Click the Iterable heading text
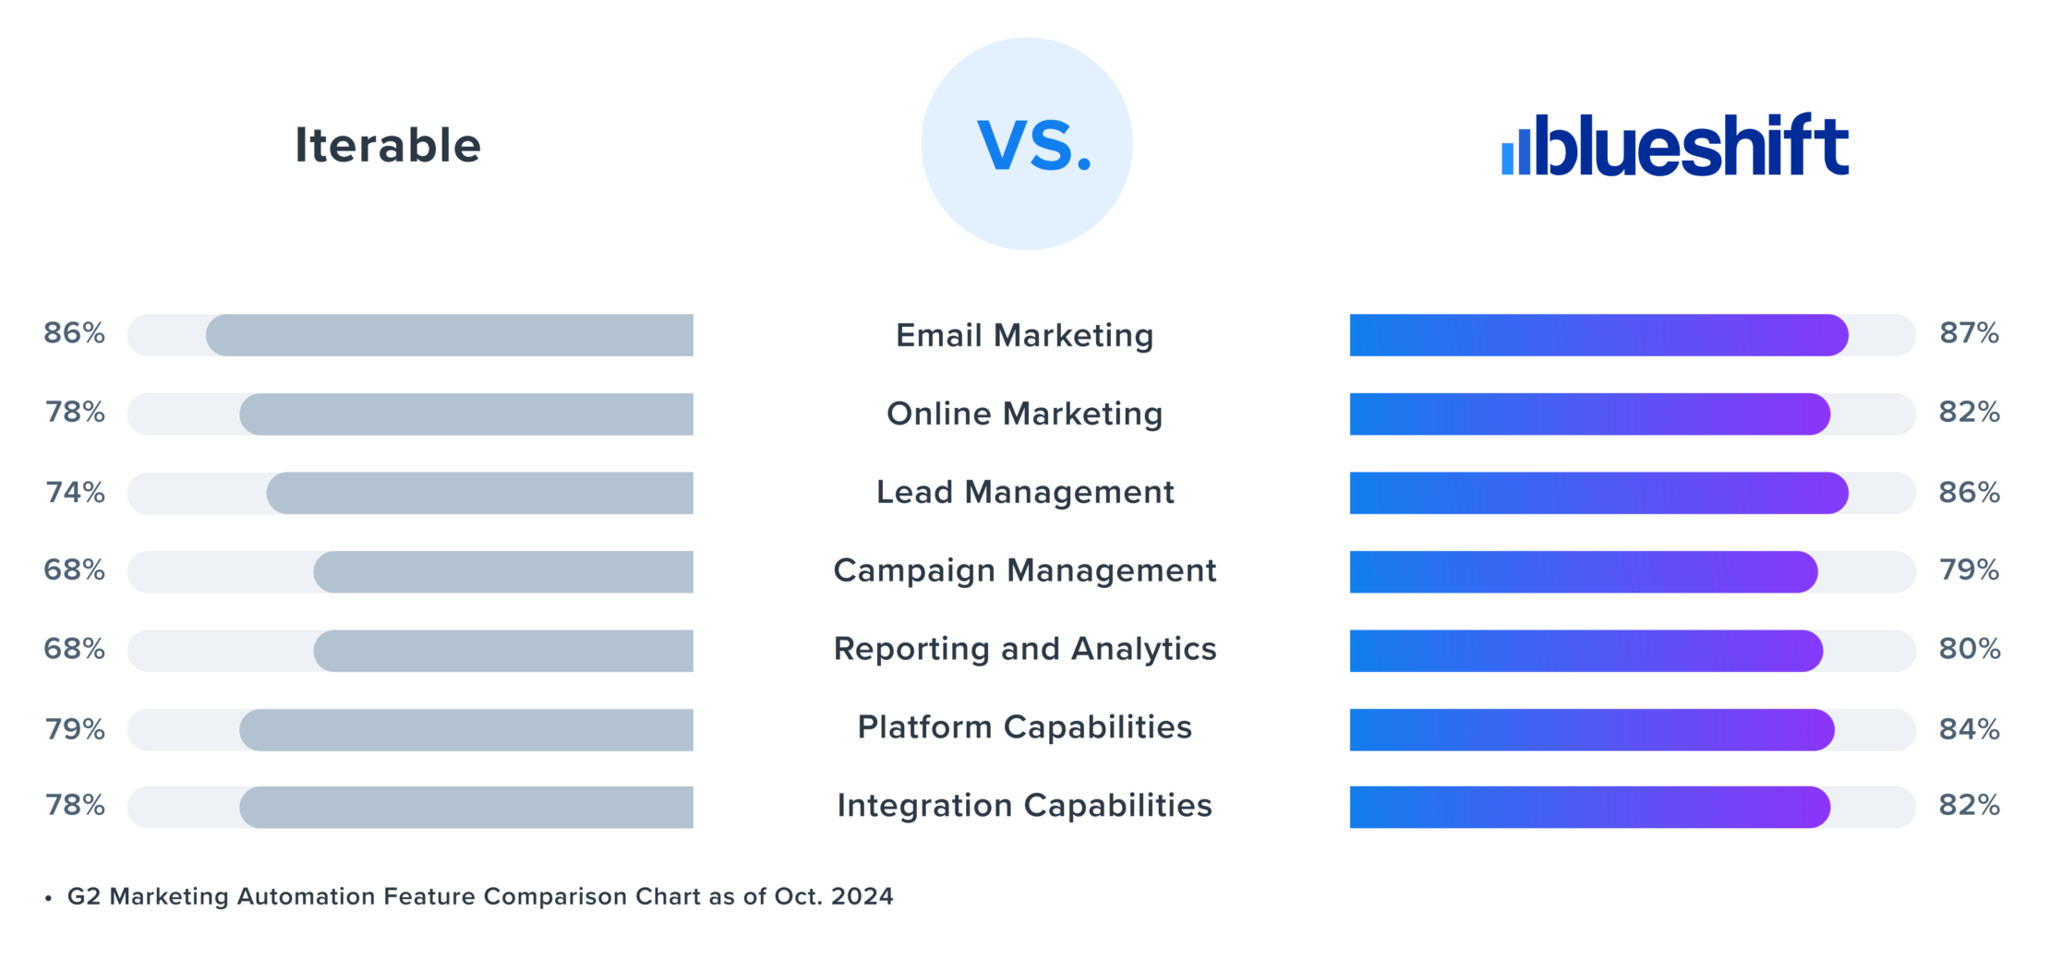(388, 146)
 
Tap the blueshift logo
(1675, 145)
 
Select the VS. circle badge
(1027, 144)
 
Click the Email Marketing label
(1024, 335)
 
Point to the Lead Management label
(1025, 492)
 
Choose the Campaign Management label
(1024, 570)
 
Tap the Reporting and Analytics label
(1024, 649)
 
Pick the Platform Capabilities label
(1024, 727)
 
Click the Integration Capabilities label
(1024, 806)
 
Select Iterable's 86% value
(74, 333)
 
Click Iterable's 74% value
(75, 492)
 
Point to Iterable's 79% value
(75, 729)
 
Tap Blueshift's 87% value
(1969, 333)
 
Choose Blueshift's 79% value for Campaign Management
(1969, 570)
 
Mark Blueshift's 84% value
(1969, 729)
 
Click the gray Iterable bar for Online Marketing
(466, 414)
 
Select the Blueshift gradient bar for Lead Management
(1598, 493)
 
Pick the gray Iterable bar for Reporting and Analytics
(503, 651)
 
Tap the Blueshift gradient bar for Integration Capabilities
(1589, 808)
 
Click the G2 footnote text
(479, 896)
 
